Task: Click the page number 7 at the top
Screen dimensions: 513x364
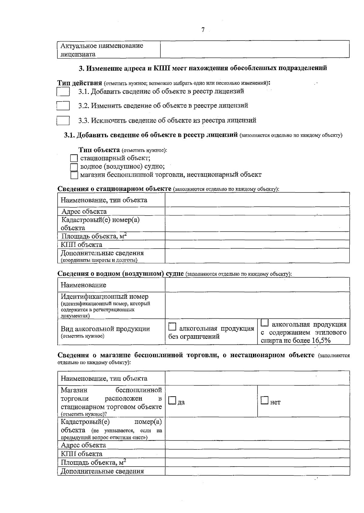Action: point(203,30)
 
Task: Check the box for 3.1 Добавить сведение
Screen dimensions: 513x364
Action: point(63,92)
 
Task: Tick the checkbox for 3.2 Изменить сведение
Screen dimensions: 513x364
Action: point(63,106)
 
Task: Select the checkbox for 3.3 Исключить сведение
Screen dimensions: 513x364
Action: point(63,120)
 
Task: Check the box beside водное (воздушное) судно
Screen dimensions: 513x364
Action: point(74,167)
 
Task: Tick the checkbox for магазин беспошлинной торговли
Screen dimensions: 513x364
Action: point(74,175)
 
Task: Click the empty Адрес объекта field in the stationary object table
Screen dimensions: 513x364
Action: point(257,211)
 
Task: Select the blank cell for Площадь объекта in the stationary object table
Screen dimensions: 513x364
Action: point(257,236)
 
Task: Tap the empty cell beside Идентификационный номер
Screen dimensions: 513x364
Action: point(257,305)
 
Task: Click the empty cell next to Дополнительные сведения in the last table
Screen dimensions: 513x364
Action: point(257,471)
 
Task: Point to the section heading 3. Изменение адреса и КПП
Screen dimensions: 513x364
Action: point(203,68)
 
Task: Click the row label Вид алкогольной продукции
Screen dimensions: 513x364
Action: point(105,329)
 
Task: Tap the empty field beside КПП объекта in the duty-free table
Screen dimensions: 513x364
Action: point(257,454)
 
